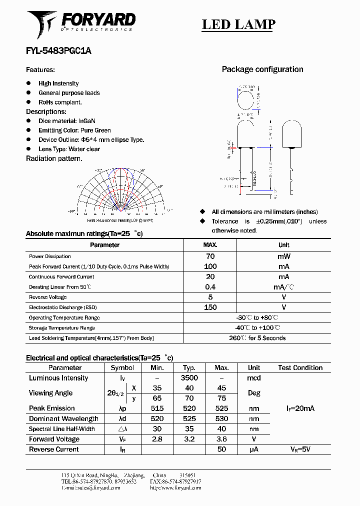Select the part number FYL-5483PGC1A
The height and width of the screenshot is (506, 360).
(58, 50)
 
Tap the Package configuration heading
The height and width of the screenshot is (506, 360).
(262, 69)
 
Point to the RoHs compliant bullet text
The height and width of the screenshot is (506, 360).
(60, 102)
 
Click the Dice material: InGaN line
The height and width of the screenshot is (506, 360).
(66, 121)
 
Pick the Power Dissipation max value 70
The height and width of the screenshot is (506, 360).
(210, 256)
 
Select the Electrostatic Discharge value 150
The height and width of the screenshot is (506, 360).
(210, 307)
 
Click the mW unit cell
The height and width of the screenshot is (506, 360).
(283, 256)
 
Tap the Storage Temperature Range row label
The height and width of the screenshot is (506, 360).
(62, 328)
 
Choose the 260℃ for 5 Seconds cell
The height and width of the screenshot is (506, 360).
(257, 338)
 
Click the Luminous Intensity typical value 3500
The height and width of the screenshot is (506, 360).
(189, 378)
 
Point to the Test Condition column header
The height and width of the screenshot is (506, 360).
(300, 367)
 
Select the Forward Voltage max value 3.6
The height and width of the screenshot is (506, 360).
(221, 439)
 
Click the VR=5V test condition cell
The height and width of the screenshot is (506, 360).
(300, 449)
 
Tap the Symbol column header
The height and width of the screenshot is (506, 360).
(122, 367)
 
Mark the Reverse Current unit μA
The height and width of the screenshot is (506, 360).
(254, 449)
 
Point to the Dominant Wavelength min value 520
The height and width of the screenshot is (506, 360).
(157, 418)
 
